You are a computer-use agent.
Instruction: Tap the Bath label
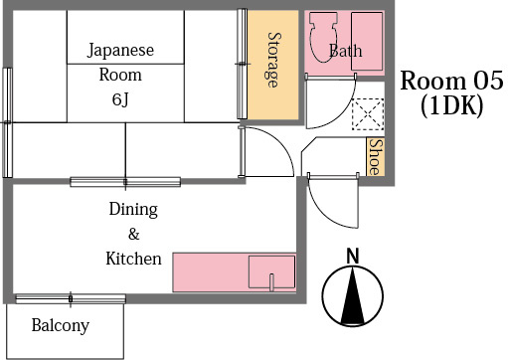345,51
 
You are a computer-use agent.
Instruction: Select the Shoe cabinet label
375,157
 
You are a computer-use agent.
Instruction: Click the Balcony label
60,325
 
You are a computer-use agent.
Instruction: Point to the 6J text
119,99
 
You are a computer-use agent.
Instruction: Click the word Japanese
120,49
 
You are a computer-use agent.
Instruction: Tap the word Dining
133,210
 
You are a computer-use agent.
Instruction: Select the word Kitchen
133,259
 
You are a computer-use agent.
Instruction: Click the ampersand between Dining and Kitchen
133,235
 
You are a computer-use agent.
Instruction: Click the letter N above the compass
352,255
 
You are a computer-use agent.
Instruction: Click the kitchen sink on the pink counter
270,270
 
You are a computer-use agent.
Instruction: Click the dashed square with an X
369,114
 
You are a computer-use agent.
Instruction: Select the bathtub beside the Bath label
367,42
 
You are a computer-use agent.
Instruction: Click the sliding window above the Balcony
70,298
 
